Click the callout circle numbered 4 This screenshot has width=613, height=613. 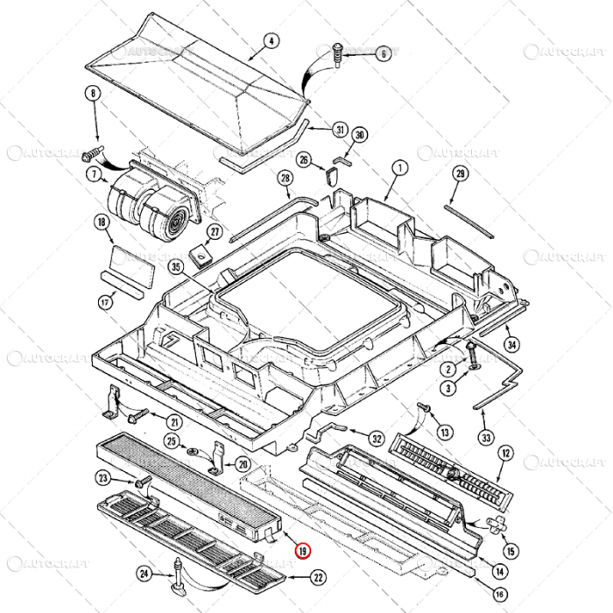271,41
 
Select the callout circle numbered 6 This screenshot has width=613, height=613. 382,53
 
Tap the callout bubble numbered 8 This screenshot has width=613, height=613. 93,94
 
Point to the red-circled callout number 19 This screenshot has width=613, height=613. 303,551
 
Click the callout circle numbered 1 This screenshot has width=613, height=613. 399,166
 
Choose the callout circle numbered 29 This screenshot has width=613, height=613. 461,173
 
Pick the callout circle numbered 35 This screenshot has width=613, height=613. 175,268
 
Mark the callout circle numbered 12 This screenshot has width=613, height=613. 505,453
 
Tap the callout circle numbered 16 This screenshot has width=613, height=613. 499,594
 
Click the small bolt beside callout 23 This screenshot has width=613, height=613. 137,483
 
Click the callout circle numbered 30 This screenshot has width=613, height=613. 360,135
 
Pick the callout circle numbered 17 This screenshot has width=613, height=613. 105,302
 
